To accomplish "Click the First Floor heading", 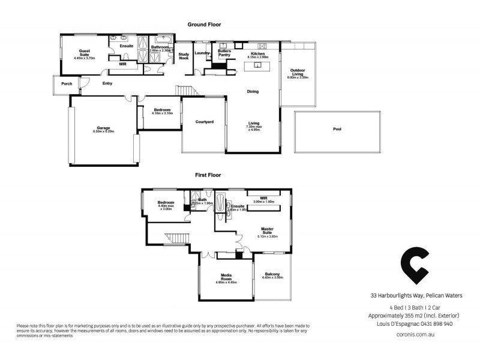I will coord(208,175).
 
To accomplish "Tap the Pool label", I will coord(338,130).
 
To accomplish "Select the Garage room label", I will coord(104,128).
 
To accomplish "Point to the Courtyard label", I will coord(205,122).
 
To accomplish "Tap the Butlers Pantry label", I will coord(224,53).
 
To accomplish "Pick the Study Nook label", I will coord(184,56).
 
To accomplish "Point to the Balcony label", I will coord(272,275).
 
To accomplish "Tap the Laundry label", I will coord(201,53).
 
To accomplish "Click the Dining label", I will coord(253,91).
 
